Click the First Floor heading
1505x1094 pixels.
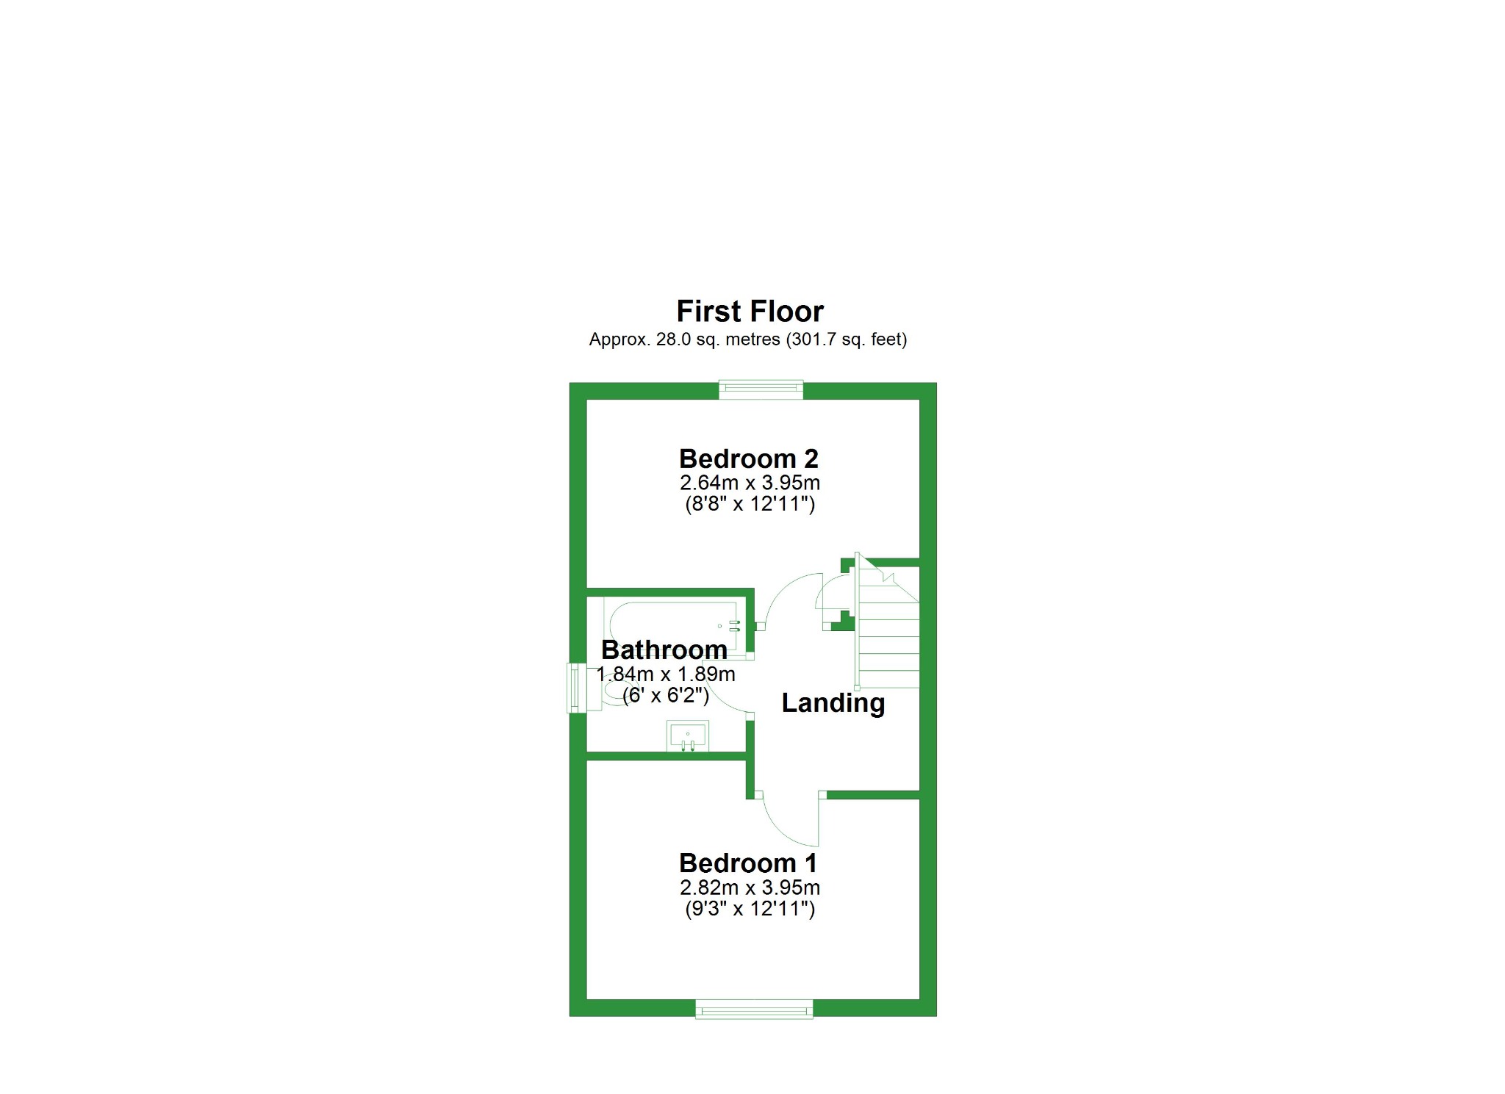pyautogui.click(x=750, y=312)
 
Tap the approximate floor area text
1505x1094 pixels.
pyautogui.click(x=748, y=339)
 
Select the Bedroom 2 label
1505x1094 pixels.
pyautogui.click(x=749, y=459)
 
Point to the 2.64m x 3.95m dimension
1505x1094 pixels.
pyautogui.click(x=750, y=483)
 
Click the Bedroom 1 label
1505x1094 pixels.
pyautogui.click(x=749, y=863)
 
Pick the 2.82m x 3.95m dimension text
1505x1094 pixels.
pyautogui.click(x=750, y=888)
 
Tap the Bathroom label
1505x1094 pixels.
pyautogui.click(x=664, y=650)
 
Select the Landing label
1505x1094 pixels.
pyautogui.click(x=833, y=703)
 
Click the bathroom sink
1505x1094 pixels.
pyautogui.click(x=688, y=736)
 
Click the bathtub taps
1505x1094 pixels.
pyautogui.click(x=734, y=626)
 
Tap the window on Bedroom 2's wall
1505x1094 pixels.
pyautogui.click(x=761, y=389)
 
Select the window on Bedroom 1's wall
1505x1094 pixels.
pyautogui.click(x=755, y=1009)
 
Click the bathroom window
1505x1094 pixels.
pyautogui.click(x=576, y=688)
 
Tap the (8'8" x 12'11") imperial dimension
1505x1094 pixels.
pyautogui.click(x=750, y=504)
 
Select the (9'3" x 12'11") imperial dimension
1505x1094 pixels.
pyautogui.click(x=750, y=909)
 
